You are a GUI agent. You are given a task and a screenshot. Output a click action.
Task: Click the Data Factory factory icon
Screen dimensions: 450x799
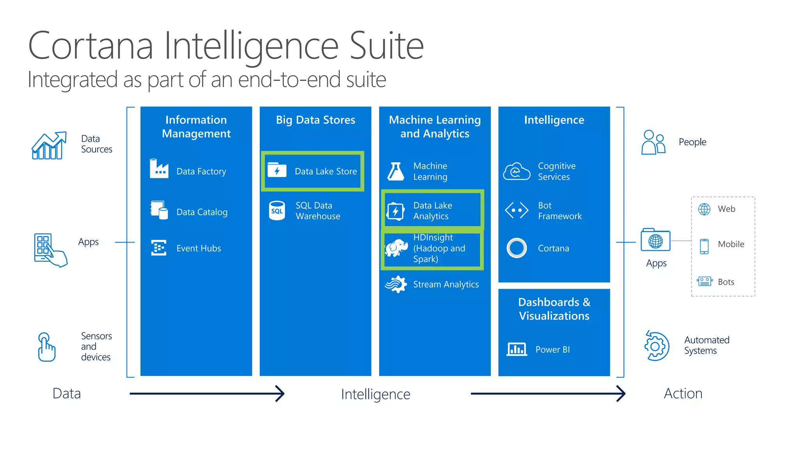tap(159, 169)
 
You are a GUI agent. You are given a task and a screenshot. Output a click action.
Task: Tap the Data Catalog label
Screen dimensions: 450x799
tap(202, 212)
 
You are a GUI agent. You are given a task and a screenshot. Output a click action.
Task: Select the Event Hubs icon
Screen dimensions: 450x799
tap(159, 248)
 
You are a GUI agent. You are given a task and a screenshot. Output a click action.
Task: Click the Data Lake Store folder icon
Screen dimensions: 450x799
tap(277, 170)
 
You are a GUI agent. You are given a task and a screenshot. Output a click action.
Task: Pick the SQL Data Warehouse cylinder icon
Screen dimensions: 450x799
tap(277, 211)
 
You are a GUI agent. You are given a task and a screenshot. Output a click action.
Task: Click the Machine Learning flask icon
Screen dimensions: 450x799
tap(396, 171)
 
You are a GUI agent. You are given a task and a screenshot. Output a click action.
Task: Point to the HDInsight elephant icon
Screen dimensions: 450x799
tap(396, 248)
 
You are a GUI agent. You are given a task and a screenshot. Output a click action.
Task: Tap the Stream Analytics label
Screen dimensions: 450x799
tap(446, 284)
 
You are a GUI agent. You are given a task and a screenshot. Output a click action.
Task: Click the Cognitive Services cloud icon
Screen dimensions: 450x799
tap(517, 171)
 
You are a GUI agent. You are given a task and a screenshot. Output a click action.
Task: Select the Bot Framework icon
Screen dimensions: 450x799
tap(517, 210)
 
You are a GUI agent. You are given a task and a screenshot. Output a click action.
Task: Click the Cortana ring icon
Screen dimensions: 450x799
tap(517, 248)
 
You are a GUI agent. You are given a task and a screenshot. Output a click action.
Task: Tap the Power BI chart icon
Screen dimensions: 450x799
tap(517, 349)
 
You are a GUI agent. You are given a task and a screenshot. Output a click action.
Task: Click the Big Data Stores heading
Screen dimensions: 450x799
tap(315, 120)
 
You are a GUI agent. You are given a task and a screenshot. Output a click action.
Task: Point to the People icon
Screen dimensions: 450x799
tap(653, 142)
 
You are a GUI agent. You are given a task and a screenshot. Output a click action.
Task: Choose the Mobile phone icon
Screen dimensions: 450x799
tap(704, 246)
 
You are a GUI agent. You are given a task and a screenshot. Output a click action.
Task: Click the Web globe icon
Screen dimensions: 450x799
tap(704, 209)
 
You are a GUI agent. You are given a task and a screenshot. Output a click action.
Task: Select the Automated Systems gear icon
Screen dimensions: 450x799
tap(657, 346)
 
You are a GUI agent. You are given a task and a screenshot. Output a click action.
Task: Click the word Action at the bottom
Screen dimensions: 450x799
tap(683, 393)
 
